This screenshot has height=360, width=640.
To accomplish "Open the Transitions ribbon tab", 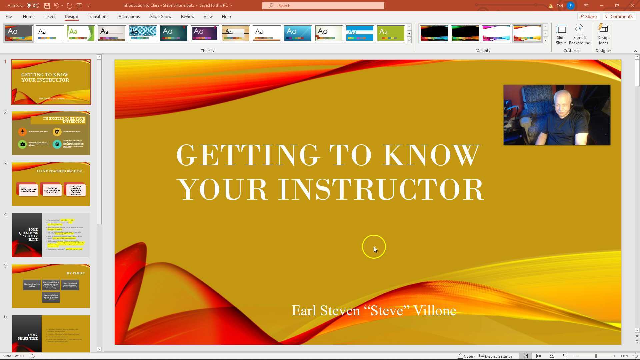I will tap(98, 16).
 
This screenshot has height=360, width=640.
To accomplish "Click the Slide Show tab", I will tap(160, 16).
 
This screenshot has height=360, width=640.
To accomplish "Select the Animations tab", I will tap(129, 16).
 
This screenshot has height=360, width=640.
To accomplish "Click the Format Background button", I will tap(579, 35).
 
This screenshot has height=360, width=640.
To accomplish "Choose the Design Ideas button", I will tap(603, 35).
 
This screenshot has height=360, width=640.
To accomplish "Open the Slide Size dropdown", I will tap(561, 35).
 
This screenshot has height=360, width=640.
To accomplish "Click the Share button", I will tap(588, 16).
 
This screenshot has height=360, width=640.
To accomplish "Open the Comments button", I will tap(619, 16).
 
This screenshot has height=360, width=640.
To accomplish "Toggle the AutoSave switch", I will tap(33, 5).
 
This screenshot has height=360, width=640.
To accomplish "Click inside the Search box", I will tap(323, 6).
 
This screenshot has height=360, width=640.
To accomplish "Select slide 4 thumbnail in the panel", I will tap(51, 235).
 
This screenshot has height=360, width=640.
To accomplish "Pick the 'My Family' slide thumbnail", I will tap(51, 286).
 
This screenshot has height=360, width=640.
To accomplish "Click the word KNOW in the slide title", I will tap(431, 155).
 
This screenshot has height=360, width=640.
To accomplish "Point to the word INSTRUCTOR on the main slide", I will tap(381, 189).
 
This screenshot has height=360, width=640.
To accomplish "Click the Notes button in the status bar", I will tap(466, 356).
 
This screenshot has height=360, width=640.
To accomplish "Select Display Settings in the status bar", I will tap(496, 356).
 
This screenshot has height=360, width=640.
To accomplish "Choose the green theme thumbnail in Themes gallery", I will tap(391, 33).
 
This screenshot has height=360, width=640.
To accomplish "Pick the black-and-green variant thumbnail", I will tap(465, 33).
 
